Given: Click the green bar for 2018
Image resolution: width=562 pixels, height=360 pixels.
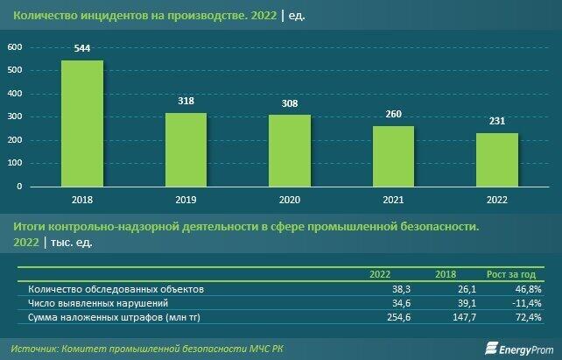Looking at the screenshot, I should click(x=81, y=124).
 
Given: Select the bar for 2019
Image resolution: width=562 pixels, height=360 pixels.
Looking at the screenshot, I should click(x=186, y=150).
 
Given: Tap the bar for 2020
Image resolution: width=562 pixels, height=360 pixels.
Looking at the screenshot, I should click(x=290, y=151).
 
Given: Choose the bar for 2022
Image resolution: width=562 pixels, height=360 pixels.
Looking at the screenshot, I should click(x=497, y=159).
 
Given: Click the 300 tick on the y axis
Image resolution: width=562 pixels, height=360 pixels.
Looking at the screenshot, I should click(x=14, y=116).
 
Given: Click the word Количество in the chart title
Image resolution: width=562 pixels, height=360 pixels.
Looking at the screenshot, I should click(x=40, y=16).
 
